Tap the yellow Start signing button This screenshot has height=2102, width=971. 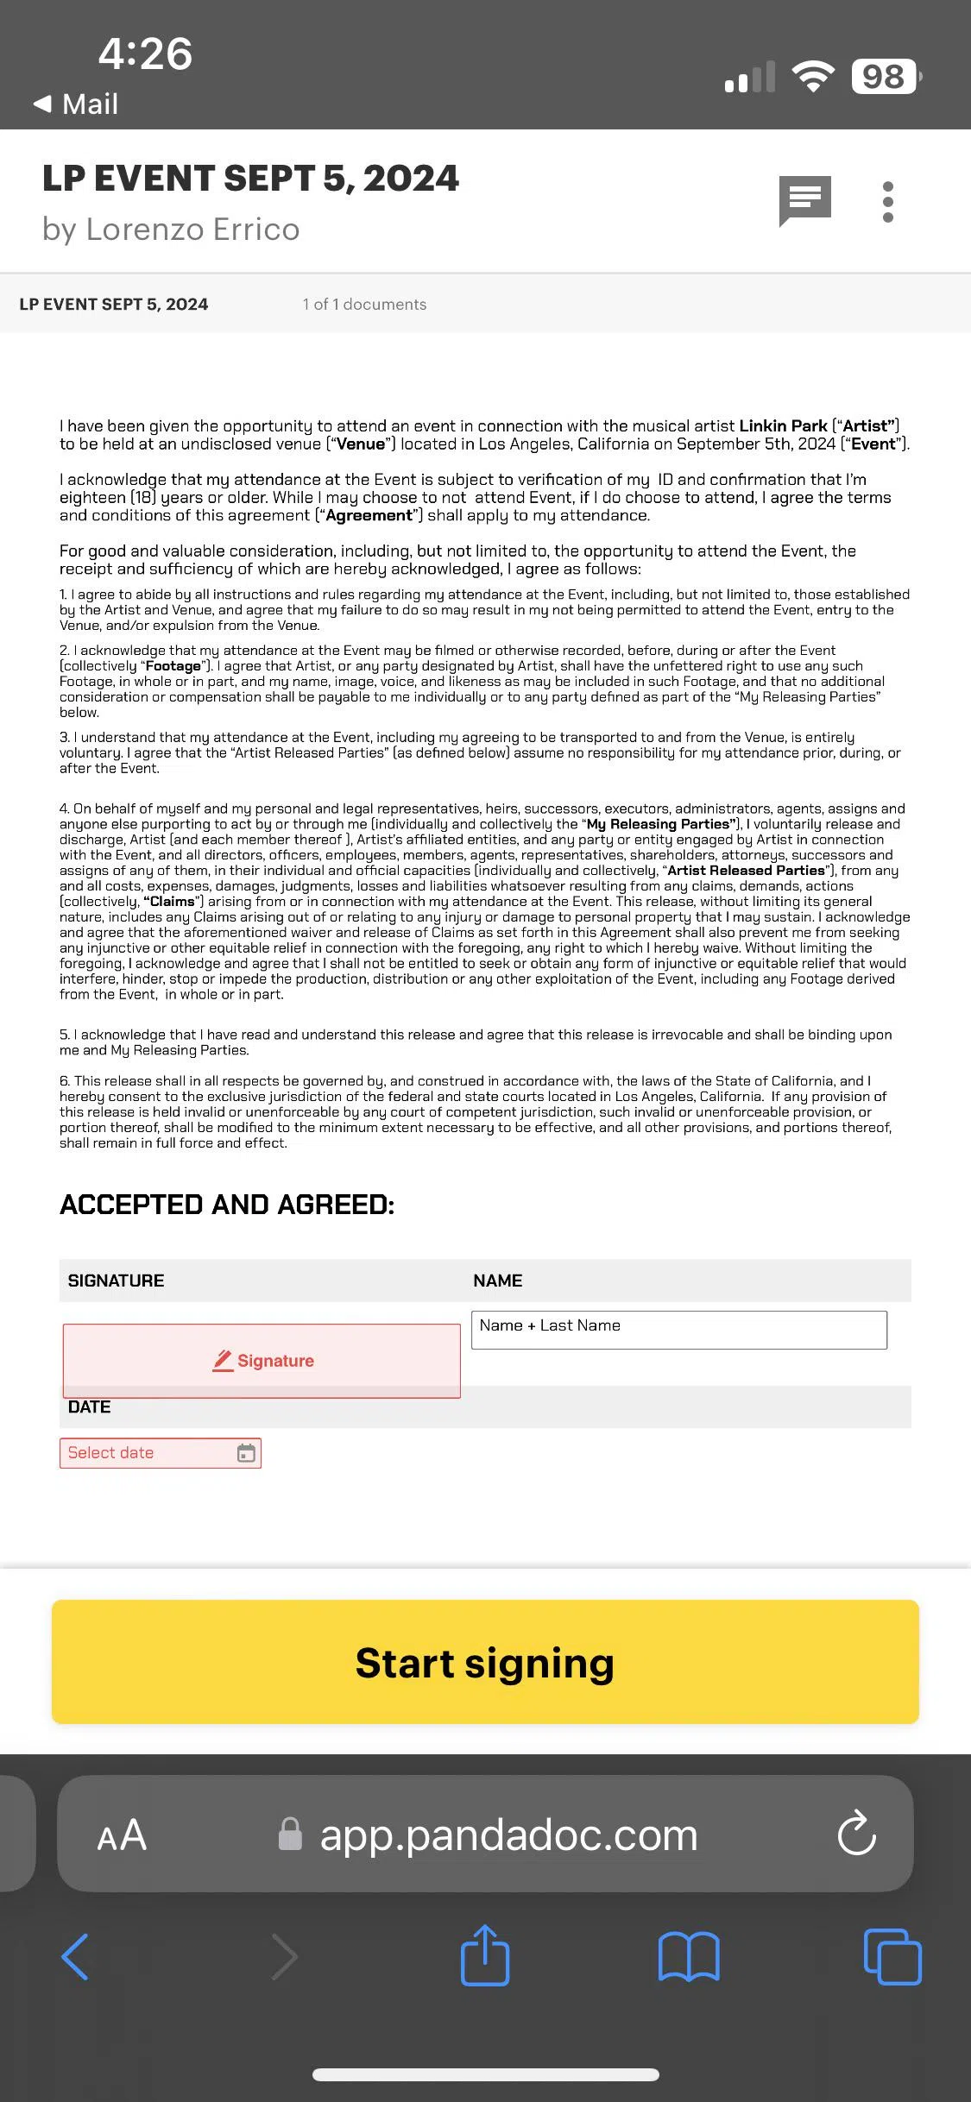485,1662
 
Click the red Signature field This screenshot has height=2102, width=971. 262,1361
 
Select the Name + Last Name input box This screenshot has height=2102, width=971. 679,1330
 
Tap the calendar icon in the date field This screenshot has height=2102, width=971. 246,1453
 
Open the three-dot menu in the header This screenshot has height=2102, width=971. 888,202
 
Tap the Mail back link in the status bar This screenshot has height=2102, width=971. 76,104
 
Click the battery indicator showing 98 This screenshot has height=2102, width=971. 885,77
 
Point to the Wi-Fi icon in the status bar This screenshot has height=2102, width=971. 813,77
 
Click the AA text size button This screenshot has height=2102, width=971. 122,1835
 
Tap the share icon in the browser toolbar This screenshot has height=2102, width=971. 485,1955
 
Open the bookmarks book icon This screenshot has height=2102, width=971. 688,1956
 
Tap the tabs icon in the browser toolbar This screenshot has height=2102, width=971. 892,1956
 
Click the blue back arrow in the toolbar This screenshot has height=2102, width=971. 76,1956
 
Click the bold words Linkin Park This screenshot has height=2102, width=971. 783,425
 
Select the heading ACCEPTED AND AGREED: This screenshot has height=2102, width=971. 227,1205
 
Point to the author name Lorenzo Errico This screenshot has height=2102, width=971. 192,230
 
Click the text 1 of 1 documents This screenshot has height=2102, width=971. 364,305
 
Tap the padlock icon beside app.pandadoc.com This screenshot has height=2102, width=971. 290,1834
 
